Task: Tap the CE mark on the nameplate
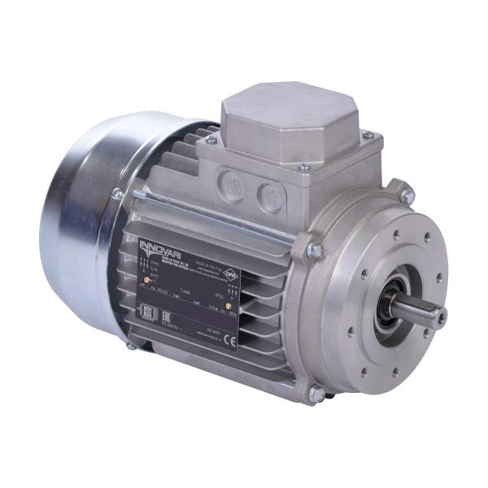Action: click(229, 342)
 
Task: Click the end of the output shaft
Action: click(439, 316)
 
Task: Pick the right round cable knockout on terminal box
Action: click(271, 196)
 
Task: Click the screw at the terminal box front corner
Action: click(303, 168)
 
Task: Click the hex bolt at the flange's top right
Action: click(407, 195)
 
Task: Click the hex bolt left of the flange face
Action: click(314, 251)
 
